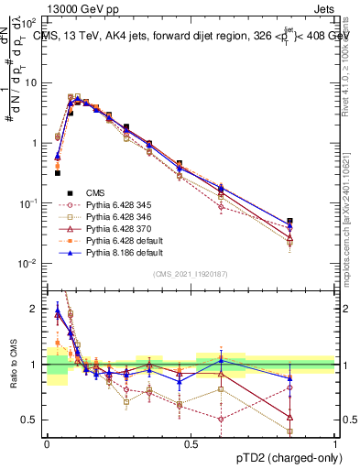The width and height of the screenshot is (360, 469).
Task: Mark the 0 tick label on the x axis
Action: click(x=47, y=444)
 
